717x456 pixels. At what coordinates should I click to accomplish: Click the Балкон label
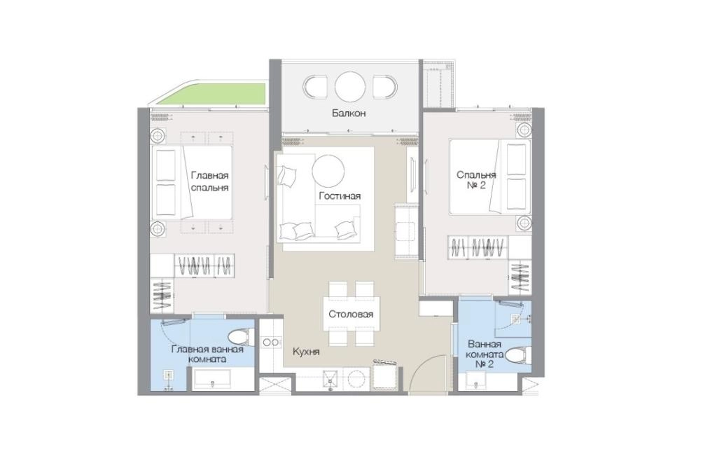[x=349, y=113]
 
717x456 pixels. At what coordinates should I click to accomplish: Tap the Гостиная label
[x=340, y=196]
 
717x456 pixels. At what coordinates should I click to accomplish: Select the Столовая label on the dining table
[x=351, y=315]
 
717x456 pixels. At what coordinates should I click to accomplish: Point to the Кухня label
[x=306, y=352]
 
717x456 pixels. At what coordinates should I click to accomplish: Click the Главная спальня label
[x=209, y=181]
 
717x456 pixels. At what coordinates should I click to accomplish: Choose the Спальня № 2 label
[x=476, y=180]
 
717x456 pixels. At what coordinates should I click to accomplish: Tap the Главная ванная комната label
[x=207, y=354]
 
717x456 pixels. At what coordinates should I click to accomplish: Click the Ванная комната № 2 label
[x=485, y=354]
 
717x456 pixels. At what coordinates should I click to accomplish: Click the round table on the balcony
[x=350, y=87]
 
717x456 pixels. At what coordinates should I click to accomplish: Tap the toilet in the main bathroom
[x=241, y=338]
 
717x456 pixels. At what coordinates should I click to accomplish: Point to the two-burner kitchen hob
[x=270, y=342]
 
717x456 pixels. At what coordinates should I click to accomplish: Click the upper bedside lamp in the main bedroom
[x=158, y=137]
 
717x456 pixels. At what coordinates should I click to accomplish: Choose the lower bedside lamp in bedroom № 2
[x=524, y=223]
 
